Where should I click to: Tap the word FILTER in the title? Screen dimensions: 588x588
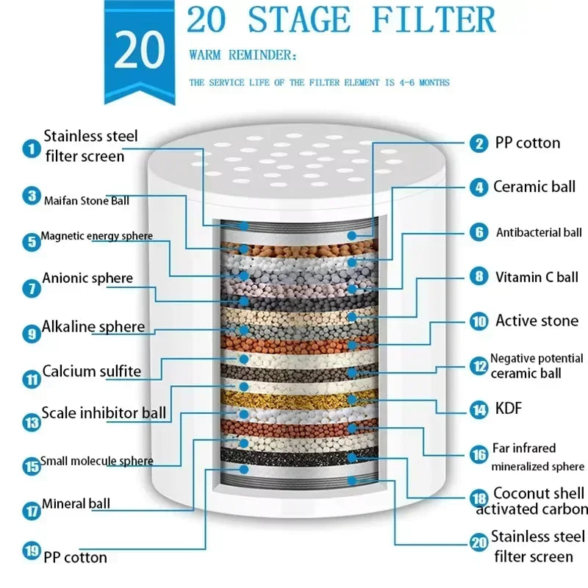(x=433, y=20)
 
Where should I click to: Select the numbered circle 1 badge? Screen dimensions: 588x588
(x=31, y=148)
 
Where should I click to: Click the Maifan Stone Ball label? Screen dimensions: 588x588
(x=86, y=200)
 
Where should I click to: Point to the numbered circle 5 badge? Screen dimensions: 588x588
(x=31, y=242)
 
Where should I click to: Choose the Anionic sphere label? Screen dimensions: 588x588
(x=87, y=279)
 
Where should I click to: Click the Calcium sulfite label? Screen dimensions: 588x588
(x=91, y=371)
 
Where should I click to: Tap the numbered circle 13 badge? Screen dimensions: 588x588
(x=31, y=422)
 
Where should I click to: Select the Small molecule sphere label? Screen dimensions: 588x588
(x=97, y=462)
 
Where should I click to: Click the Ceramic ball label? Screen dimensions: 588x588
(x=534, y=187)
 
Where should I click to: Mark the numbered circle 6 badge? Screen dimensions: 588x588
(x=479, y=233)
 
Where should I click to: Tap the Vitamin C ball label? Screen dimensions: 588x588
(x=537, y=278)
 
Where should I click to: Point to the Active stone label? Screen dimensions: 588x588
(x=537, y=320)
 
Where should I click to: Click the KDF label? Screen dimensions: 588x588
(x=509, y=408)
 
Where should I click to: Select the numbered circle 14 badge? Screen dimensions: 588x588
(x=479, y=409)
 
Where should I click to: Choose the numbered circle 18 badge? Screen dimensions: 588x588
(x=479, y=498)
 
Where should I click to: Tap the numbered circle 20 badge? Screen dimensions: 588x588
(x=479, y=542)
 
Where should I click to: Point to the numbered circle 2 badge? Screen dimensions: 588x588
(x=479, y=144)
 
